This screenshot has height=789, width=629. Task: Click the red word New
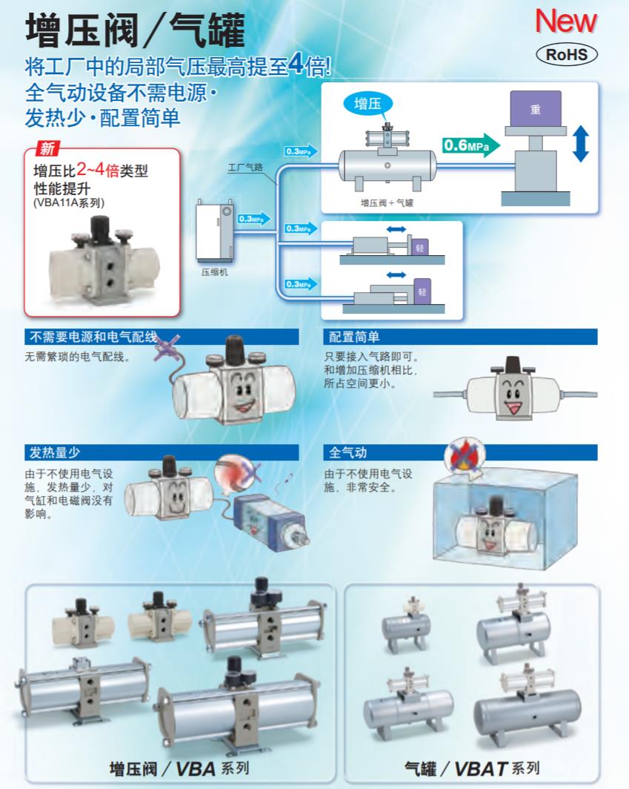pos(565,22)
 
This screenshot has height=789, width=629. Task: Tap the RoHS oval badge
pos(565,54)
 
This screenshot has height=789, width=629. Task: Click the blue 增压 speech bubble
pos(369,104)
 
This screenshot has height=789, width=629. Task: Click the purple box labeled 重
pos(535,108)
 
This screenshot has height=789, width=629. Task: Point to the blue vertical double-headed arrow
pos(581,143)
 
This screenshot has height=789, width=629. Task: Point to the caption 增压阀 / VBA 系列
pos(179,767)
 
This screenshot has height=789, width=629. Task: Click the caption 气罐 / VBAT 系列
pos(471,767)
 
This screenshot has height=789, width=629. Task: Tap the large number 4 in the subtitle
pos(295,65)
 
